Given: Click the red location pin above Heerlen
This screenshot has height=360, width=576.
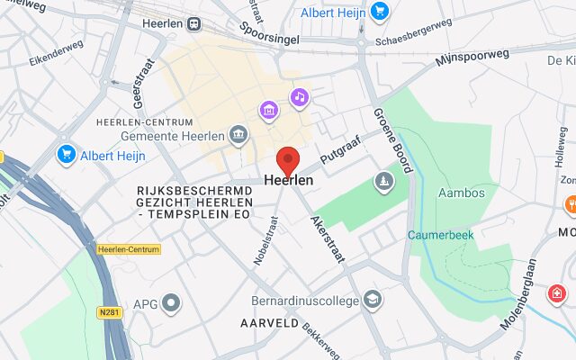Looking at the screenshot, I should click(288, 159).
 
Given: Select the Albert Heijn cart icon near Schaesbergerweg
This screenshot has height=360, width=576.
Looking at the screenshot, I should click(379, 12).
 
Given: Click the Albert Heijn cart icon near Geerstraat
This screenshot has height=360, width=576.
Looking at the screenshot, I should click(66, 155).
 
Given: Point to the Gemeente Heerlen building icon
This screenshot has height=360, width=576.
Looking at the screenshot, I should click(238, 135).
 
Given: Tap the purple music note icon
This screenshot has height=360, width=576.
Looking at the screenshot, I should click(299, 96).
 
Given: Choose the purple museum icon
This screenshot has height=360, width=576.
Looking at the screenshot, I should click(268, 111).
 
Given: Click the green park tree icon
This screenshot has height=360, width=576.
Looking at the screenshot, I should click(384, 182).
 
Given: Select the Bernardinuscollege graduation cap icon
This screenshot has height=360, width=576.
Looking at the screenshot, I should click(373, 298).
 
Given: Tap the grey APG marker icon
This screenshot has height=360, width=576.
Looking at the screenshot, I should click(171, 303).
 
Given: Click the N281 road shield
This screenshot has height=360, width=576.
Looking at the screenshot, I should click(109, 312).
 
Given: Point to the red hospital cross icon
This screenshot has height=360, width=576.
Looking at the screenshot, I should click(559, 293).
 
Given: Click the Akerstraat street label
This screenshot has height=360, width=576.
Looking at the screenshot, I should click(328, 238).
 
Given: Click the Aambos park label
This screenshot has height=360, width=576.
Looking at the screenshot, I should click(461, 193).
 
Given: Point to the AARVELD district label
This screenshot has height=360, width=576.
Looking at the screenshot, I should click(268, 321).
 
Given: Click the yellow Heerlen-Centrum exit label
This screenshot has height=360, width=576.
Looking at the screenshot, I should click(128, 248).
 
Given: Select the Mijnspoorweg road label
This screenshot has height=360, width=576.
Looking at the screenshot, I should click(472, 58).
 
